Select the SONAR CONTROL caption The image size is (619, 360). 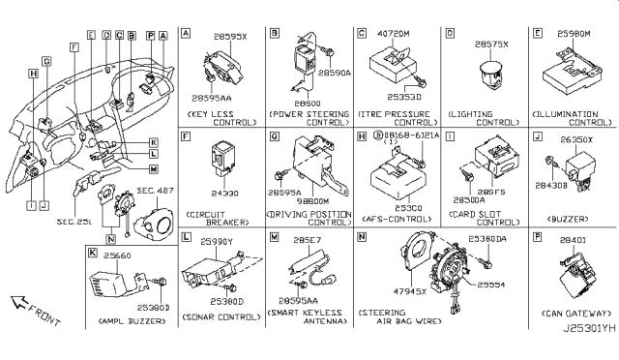tap(219, 315)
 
